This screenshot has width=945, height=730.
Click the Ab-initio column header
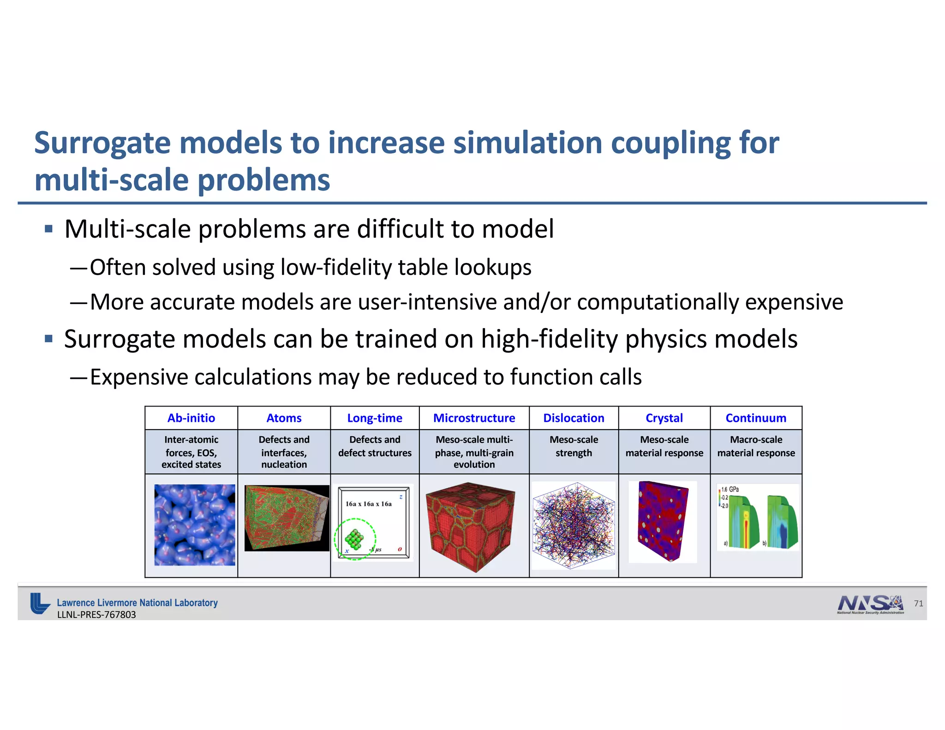pyautogui.click(x=191, y=418)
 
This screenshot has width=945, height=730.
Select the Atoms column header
pyautogui.click(x=284, y=418)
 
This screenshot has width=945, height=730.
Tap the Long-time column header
pyautogui.click(x=375, y=418)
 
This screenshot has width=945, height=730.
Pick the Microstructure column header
pyautogui.click(x=474, y=418)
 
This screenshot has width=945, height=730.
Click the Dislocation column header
pyautogui.click(x=574, y=418)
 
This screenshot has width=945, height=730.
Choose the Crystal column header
pyautogui.click(x=664, y=418)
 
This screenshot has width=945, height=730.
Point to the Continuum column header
pyautogui.click(x=756, y=418)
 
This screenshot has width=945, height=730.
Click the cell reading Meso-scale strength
pyautogui.click(x=574, y=446)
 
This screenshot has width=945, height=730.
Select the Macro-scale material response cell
pyautogui.click(x=756, y=446)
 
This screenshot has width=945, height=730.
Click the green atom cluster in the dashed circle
pyautogui.click(x=354, y=539)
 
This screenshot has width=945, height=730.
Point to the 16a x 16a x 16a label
pyautogui.click(x=369, y=504)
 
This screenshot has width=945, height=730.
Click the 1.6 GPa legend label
pyautogui.click(x=730, y=489)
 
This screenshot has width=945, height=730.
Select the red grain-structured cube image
pyautogui.click(x=471, y=526)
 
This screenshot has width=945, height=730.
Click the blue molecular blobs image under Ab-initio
pyautogui.click(x=194, y=525)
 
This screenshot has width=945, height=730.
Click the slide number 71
pyautogui.click(x=918, y=604)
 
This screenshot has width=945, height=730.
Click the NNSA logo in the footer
pyautogui.click(x=870, y=604)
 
